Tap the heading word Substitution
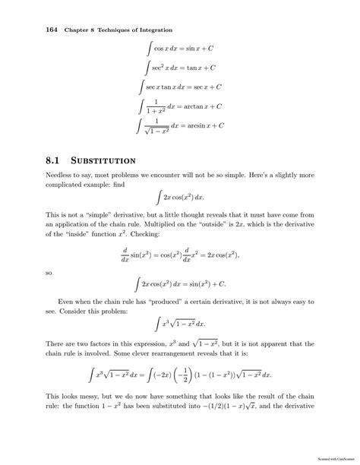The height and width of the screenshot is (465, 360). [x=102, y=160]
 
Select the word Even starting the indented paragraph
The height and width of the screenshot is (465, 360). [x=68, y=303]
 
